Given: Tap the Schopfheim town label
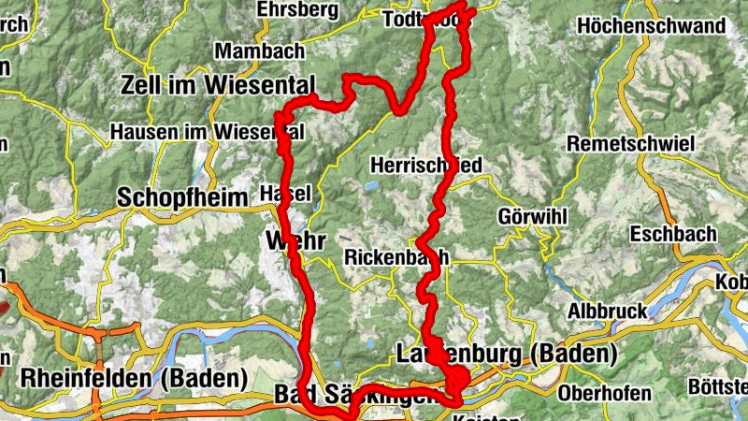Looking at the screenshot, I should [183, 197].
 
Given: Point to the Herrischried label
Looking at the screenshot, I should [426, 166].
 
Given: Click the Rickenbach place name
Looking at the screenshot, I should [396, 256].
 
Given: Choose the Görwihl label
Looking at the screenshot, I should [533, 217].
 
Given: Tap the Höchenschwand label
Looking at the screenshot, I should [652, 26].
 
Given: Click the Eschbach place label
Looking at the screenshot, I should [673, 233].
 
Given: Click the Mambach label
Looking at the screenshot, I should [246, 51].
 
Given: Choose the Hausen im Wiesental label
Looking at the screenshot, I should [206, 133].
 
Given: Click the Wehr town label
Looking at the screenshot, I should [295, 240].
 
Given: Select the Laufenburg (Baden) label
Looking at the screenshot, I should [507, 355].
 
